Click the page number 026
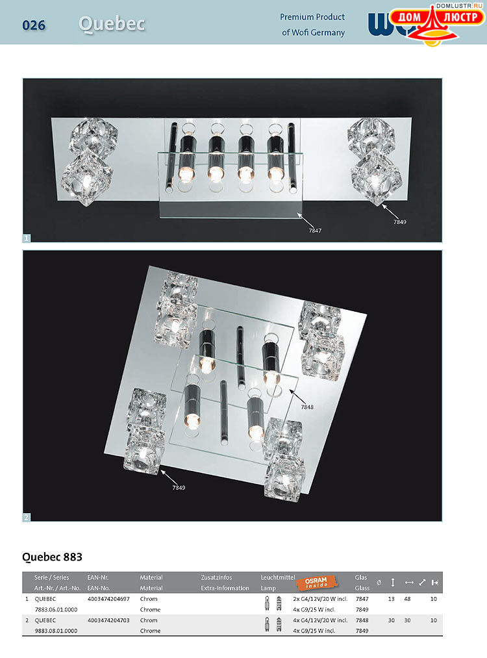point(34,25)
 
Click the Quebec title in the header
point(112,24)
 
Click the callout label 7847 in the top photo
point(315,231)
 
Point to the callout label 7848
point(307,407)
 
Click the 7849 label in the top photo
point(400,221)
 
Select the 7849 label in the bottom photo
point(179,487)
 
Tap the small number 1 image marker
point(26,238)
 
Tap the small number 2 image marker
point(26,518)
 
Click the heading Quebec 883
point(52,557)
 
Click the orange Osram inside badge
point(316,583)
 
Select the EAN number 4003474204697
point(108,599)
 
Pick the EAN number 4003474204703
point(108,620)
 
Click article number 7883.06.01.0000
point(56,609)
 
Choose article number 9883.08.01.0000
point(56,631)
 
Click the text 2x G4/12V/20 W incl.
point(321,599)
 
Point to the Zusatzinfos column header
point(216,577)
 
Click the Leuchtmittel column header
point(278,577)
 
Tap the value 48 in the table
point(407,599)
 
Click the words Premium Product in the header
point(312,17)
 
